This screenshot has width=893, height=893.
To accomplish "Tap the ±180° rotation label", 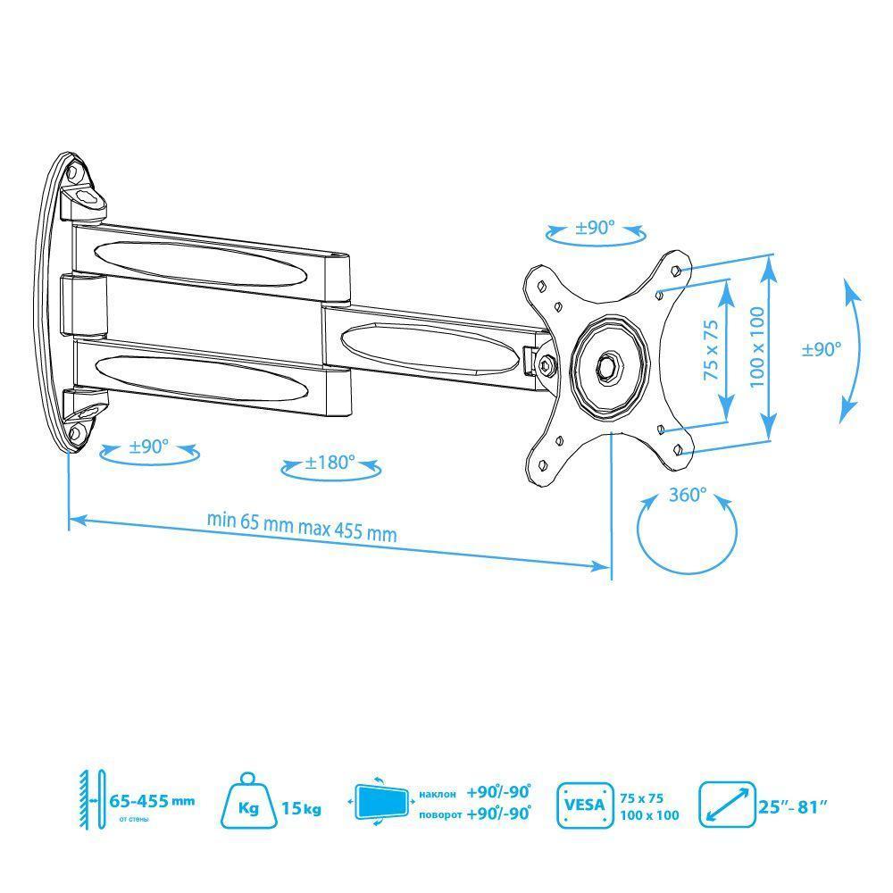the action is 330,462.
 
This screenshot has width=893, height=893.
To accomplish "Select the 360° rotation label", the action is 688,495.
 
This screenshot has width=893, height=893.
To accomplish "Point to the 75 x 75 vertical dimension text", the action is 711,350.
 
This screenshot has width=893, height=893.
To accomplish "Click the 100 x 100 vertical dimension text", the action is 757,346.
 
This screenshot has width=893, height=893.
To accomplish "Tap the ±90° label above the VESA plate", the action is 595,228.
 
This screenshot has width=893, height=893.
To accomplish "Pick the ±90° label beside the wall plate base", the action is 148,446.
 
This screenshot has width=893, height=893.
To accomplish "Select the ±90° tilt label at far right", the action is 822,349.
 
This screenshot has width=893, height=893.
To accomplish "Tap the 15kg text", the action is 301,808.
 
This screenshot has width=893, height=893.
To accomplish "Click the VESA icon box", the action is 585,805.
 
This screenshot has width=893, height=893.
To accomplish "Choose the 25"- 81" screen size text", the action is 792,807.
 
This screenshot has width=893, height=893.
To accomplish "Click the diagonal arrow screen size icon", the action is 727,805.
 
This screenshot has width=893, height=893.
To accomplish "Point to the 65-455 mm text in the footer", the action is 152,801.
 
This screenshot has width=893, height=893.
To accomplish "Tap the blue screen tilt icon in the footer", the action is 380,801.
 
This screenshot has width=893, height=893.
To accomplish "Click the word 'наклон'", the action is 438,794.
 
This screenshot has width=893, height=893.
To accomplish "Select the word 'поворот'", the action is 440,814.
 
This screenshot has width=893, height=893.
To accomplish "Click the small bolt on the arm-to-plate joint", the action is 546,363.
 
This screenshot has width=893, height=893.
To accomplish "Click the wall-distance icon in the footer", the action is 92,800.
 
